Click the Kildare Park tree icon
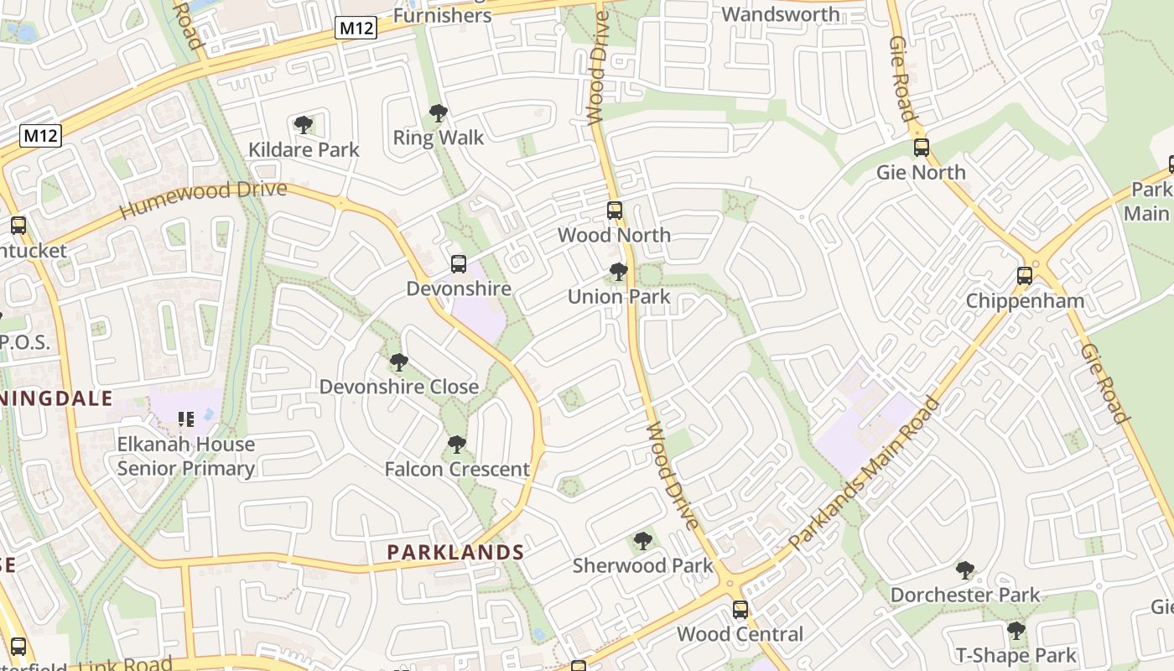pyautogui.click(x=304, y=126)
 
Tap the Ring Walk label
pyautogui.click(x=439, y=138)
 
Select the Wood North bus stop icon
pyautogui.click(x=615, y=211)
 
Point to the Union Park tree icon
pyautogui.click(x=619, y=272)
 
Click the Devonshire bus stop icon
pyautogui.click(x=459, y=264)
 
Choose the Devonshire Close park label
pyautogui.click(x=399, y=387)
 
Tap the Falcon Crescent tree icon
pyautogui.click(x=457, y=445)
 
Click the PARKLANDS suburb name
pyautogui.click(x=455, y=552)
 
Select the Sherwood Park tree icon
pyautogui.click(x=643, y=541)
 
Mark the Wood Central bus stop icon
pyautogui.click(x=740, y=610)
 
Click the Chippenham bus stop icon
pyautogui.click(x=1024, y=276)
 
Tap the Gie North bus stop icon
pyautogui.click(x=922, y=148)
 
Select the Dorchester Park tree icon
pyautogui.click(x=965, y=570)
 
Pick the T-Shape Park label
pyautogui.click(x=1016, y=655)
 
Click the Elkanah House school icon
pyautogui.click(x=186, y=419)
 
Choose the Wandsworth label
pyautogui.click(x=780, y=14)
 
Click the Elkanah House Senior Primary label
pyautogui.click(x=186, y=456)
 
